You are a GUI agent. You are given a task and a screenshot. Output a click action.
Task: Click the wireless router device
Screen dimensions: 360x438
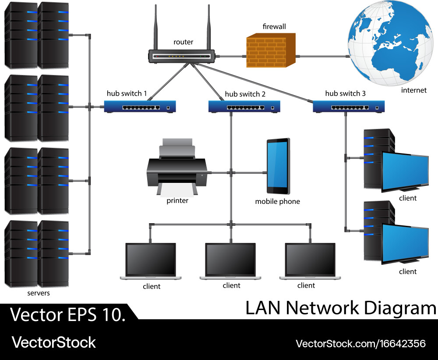click(x=181, y=56)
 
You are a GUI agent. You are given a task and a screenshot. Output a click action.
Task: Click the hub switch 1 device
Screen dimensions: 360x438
click(x=140, y=107)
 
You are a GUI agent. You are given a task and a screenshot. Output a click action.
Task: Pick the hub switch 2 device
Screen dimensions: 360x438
click(x=244, y=107)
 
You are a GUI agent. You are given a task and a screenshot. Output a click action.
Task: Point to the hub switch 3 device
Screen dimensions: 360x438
click(x=349, y=107)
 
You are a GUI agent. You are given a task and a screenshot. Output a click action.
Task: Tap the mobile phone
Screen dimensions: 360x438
click(x=278, y=166)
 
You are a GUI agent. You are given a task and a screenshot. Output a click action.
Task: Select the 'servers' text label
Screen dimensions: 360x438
click(x=39, y=293)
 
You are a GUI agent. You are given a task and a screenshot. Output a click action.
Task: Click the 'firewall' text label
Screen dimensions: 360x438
click(x=274, y=27)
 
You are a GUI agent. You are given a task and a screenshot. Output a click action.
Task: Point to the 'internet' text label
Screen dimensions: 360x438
click(x=413, y=90)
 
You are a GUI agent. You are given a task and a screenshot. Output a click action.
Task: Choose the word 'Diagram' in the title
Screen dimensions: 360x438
click(x=399, y=308)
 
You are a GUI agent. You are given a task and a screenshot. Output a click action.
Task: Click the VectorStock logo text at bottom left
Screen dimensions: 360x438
click(x=53, y=342)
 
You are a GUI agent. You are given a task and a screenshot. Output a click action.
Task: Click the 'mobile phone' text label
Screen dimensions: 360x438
click(x=277, y=202)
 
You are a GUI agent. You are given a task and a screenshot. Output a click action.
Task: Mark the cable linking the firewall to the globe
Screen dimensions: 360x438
click(x=322, y=56)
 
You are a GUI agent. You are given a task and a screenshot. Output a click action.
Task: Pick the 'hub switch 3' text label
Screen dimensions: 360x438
click(x=345, y=93)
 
